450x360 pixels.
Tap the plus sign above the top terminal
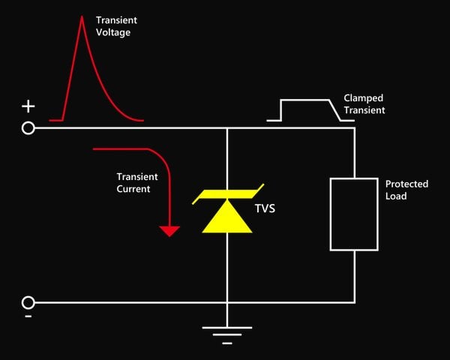tap(28, 106)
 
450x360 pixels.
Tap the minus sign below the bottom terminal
tap(28, 316)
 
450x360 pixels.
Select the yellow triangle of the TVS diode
tap(227, 218)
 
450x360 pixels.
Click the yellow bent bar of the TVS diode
tap(227, 194)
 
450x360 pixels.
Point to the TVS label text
tap(265, 208)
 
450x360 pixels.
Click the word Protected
tap(406, 184)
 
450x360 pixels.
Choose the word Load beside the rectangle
tap(396, 196)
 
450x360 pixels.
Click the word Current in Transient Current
tap(133, 189)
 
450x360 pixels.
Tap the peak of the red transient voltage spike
tap(82, 16)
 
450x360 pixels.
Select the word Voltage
tap(113, 32)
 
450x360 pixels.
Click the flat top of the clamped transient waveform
tap(304, 100)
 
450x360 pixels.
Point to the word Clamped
tap(363, 98)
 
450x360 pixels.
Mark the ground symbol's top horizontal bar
tap(227, 328)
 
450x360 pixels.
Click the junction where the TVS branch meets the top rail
tap(227, 128)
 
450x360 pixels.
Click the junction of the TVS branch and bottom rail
tap(227, 302)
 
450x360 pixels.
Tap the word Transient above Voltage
tap(116, 20)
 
